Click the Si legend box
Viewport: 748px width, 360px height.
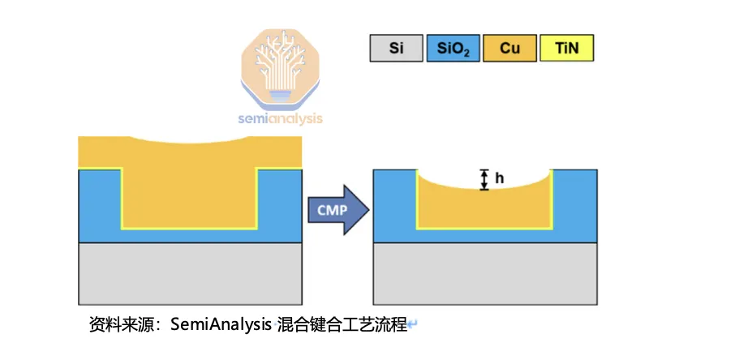[x=397, y=49]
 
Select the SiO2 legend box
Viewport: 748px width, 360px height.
[x=453, y=49]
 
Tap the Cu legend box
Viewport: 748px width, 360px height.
[x=509, y=49]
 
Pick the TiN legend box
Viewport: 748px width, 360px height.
[x=566, y=49]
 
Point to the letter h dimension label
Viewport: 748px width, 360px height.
[x=500, y=178]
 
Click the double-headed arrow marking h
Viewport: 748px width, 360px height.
[x=484, y=179]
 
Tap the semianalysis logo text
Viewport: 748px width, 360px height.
[x=280, y=118]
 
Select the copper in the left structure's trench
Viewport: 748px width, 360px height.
[x=190, y=195]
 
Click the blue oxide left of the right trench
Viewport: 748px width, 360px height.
[x=394, y=207]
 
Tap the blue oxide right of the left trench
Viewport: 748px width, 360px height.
[x=279, y=207]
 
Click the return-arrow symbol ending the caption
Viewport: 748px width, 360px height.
[x=413, y=325]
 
